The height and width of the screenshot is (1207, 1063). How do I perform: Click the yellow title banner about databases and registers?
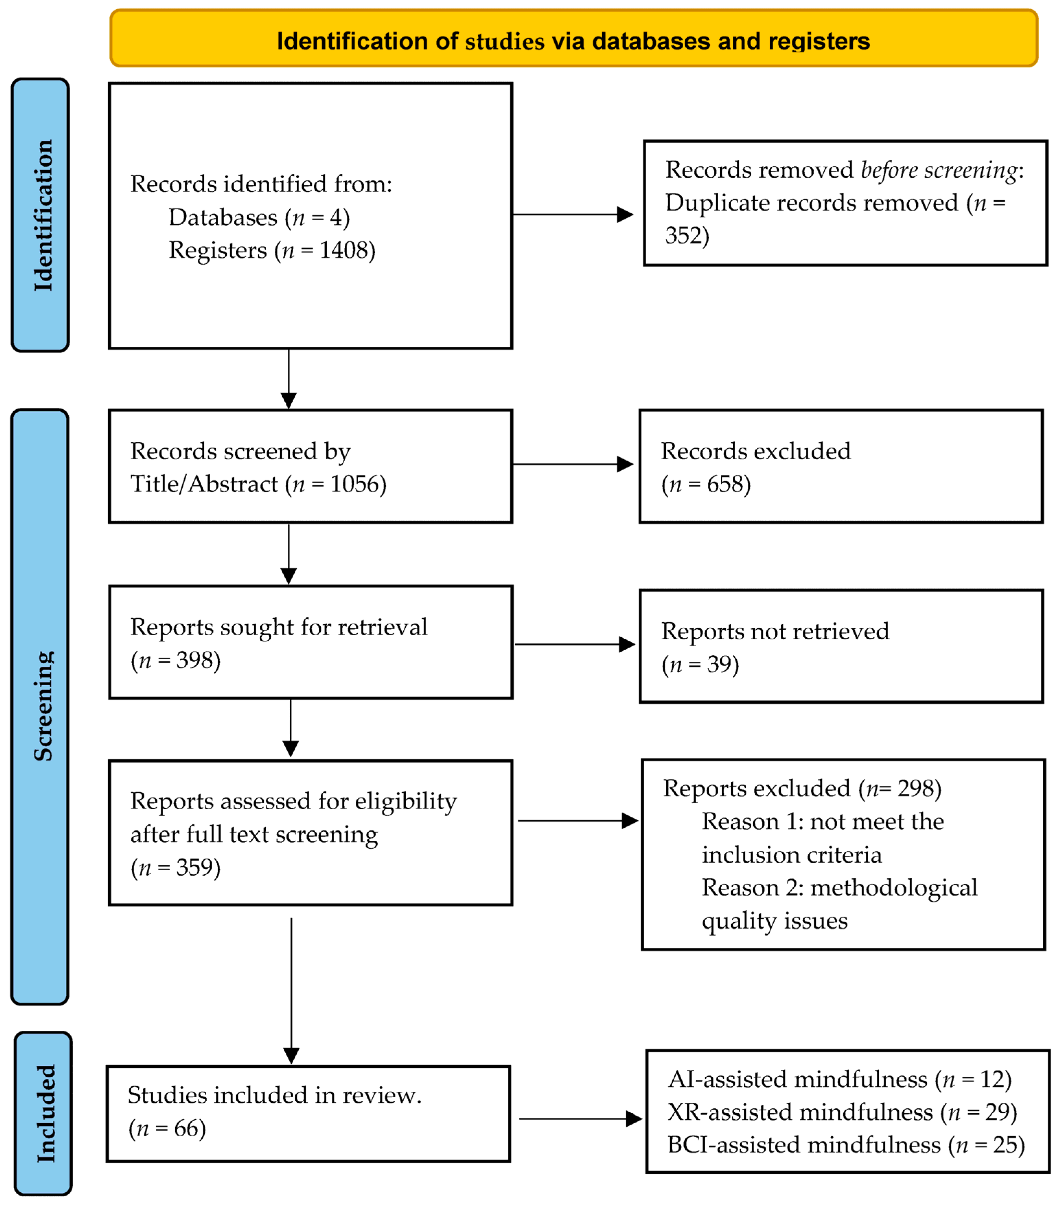click(x=573, y=39)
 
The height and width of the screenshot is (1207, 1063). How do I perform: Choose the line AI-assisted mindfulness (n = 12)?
click(x=839, y=1079)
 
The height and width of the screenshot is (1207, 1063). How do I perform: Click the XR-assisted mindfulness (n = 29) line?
click(x=841, y=1113)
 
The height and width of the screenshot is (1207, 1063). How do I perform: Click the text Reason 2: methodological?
click(x=839, y=888)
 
